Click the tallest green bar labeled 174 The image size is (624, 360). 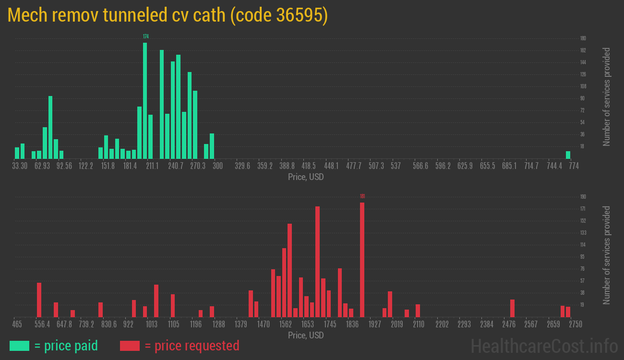145,100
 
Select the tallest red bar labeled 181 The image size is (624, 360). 362,259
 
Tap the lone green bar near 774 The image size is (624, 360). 568,155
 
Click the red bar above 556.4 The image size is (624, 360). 39,300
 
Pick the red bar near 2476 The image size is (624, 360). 512,308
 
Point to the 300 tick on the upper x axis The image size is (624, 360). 218,166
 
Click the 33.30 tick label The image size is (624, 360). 20,166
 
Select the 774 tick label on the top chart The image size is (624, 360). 574,166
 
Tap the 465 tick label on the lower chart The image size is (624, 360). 17,324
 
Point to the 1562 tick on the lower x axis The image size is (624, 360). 286,324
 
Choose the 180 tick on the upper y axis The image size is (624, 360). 583,38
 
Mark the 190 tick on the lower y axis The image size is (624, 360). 583,197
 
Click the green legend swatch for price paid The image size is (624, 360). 19,346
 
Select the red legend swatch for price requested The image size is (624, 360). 130,346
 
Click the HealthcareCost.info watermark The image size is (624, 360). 544,346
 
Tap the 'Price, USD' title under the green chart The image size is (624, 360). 306,177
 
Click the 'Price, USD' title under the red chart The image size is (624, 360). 306,335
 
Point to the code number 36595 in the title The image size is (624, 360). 301,15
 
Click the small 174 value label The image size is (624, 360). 145,36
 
